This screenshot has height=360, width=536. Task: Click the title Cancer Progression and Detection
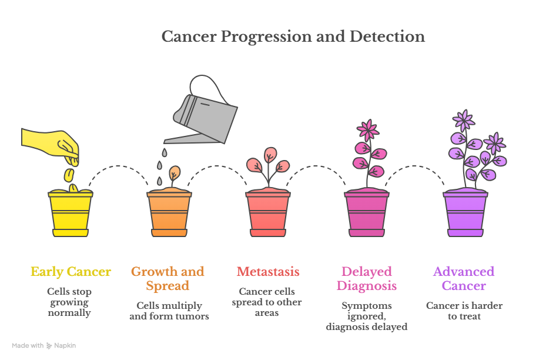click(x=293, y=36)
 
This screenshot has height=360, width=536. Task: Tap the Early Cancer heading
click(x=71, y=272)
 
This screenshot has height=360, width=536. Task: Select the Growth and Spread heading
click(x=168, y=279)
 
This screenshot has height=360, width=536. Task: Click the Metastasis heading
click(x=268, y=272)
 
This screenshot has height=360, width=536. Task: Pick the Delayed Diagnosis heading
click(x=367, y=279)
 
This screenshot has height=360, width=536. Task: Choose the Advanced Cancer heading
click(x=464, y=279)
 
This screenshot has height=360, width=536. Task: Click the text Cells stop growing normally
click(x=70, y=302)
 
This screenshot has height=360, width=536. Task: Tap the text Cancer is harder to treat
click(x=464, y=311)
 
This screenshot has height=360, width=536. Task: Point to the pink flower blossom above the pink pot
click(x=368, y=130)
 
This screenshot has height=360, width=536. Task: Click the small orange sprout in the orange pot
click(x=175, y=174)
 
